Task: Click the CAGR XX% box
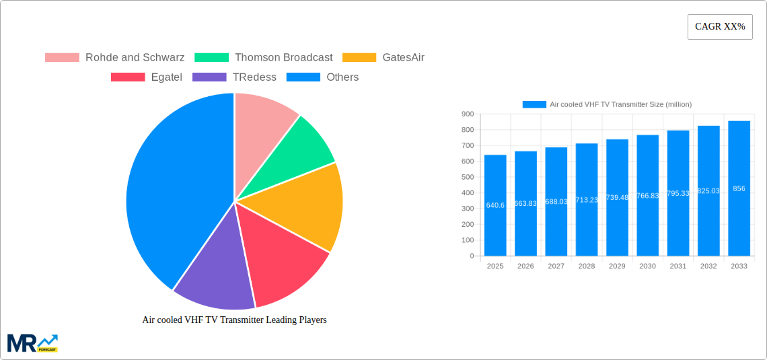(720, 27)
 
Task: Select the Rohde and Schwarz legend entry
(115, 58)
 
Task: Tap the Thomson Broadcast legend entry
(264, 58)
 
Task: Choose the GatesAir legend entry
(383, 58)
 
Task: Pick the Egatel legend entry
(147, 77)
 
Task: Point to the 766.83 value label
(648, 196)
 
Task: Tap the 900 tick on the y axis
(467, 114)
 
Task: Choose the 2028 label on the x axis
(587, 266)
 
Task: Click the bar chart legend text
(620, 104)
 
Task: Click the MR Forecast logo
(32, 343)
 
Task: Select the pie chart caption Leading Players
(234, 320)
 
